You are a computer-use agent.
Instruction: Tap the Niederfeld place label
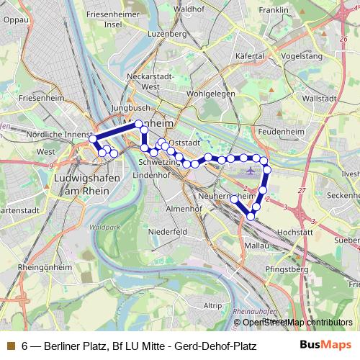point(168,232)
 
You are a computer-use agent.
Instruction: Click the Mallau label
point(256,246)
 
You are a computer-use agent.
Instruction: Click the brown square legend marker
point(10,346)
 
